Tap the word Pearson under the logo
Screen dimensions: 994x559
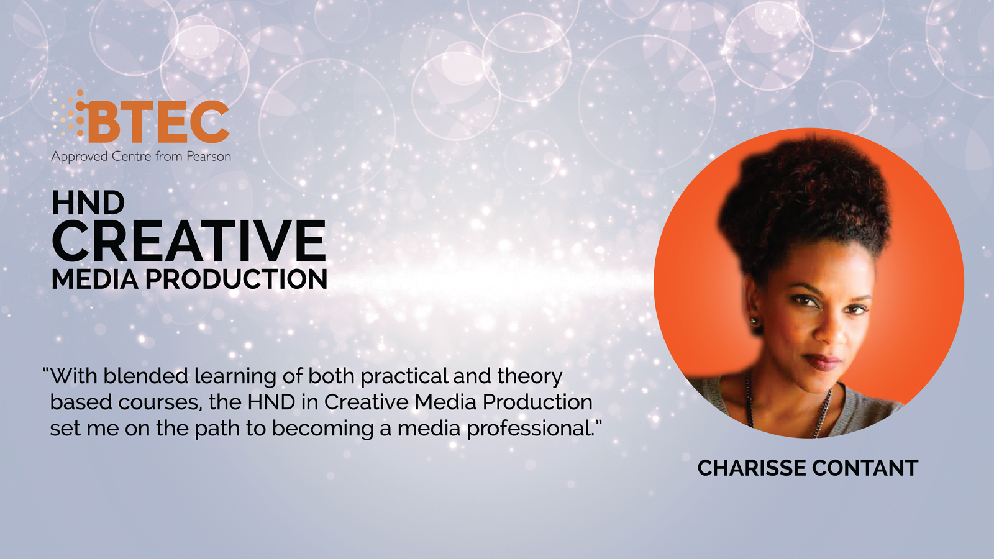pos(209,157)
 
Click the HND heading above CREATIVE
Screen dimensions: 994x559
pos(88,203)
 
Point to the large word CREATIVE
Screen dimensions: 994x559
pos(189,242)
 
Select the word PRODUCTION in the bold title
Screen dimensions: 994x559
pos(237,279)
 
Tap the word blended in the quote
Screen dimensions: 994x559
pos(146,376)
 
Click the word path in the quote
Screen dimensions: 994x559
pos(217,429)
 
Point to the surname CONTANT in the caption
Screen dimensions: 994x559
pos(865,468)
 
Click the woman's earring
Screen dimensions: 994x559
pos(754,320)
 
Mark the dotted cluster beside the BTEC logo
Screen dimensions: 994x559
pos(70,113)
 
